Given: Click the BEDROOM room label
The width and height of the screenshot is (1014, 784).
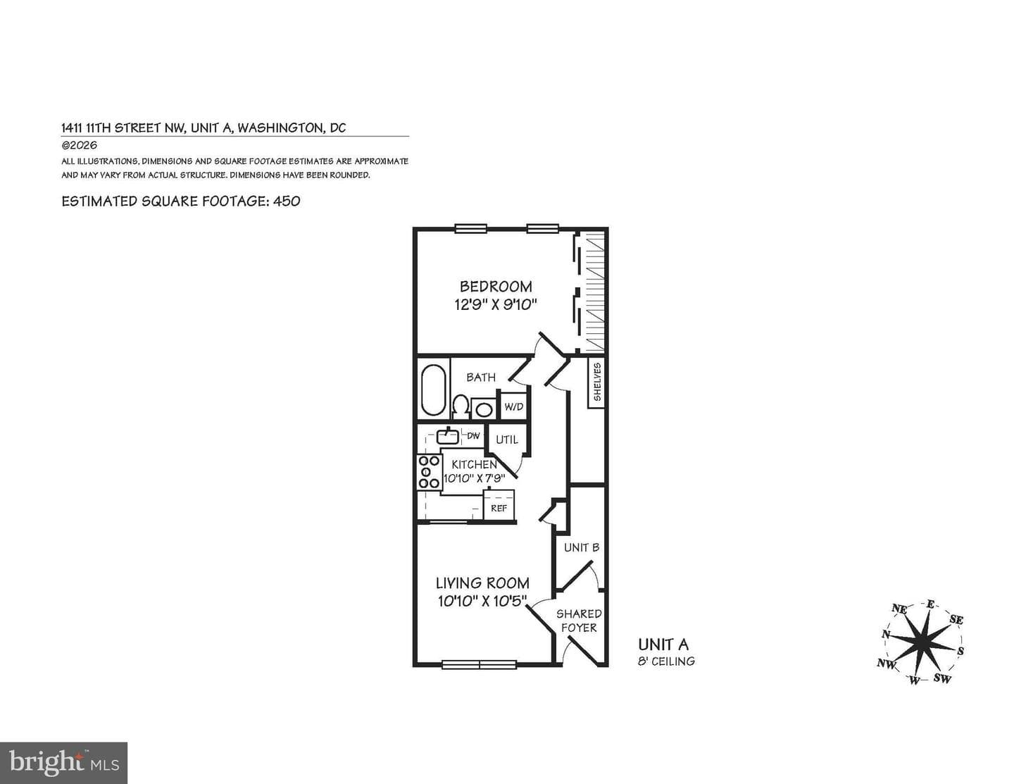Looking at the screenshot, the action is pos(496,287).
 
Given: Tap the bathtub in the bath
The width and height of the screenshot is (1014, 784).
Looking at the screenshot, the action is pos(433,390).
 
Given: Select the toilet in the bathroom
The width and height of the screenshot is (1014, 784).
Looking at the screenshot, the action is pos(461,407).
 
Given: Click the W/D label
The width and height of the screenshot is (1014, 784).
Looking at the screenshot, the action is pos(514,406).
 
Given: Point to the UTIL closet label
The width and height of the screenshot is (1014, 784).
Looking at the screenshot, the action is pos(507,440).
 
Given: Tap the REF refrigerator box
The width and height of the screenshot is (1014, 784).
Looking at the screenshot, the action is pos(499,504).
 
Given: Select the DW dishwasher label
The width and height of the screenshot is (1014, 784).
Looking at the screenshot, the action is pos(474,436).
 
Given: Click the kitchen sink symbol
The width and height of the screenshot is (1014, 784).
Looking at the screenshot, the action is pos(448,436).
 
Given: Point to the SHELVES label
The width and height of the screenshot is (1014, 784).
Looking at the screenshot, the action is pos(597,382).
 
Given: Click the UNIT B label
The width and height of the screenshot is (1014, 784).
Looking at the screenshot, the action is pos(582,547).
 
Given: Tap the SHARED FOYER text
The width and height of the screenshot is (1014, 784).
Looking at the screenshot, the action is pos(579,621).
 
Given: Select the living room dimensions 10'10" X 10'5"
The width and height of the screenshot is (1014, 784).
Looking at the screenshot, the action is pos(482,601).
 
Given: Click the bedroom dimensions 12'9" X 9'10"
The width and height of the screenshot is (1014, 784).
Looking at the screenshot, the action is pos(496,305).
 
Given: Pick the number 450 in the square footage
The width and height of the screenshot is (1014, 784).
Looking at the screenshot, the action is pos(287,201).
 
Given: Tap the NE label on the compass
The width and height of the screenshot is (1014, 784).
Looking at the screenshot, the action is pos(899,609).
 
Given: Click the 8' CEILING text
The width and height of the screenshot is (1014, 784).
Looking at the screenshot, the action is pos(666,661).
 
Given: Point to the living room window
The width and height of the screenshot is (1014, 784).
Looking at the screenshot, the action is pos(479,664).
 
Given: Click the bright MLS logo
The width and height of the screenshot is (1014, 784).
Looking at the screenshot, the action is pos(63,763).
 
